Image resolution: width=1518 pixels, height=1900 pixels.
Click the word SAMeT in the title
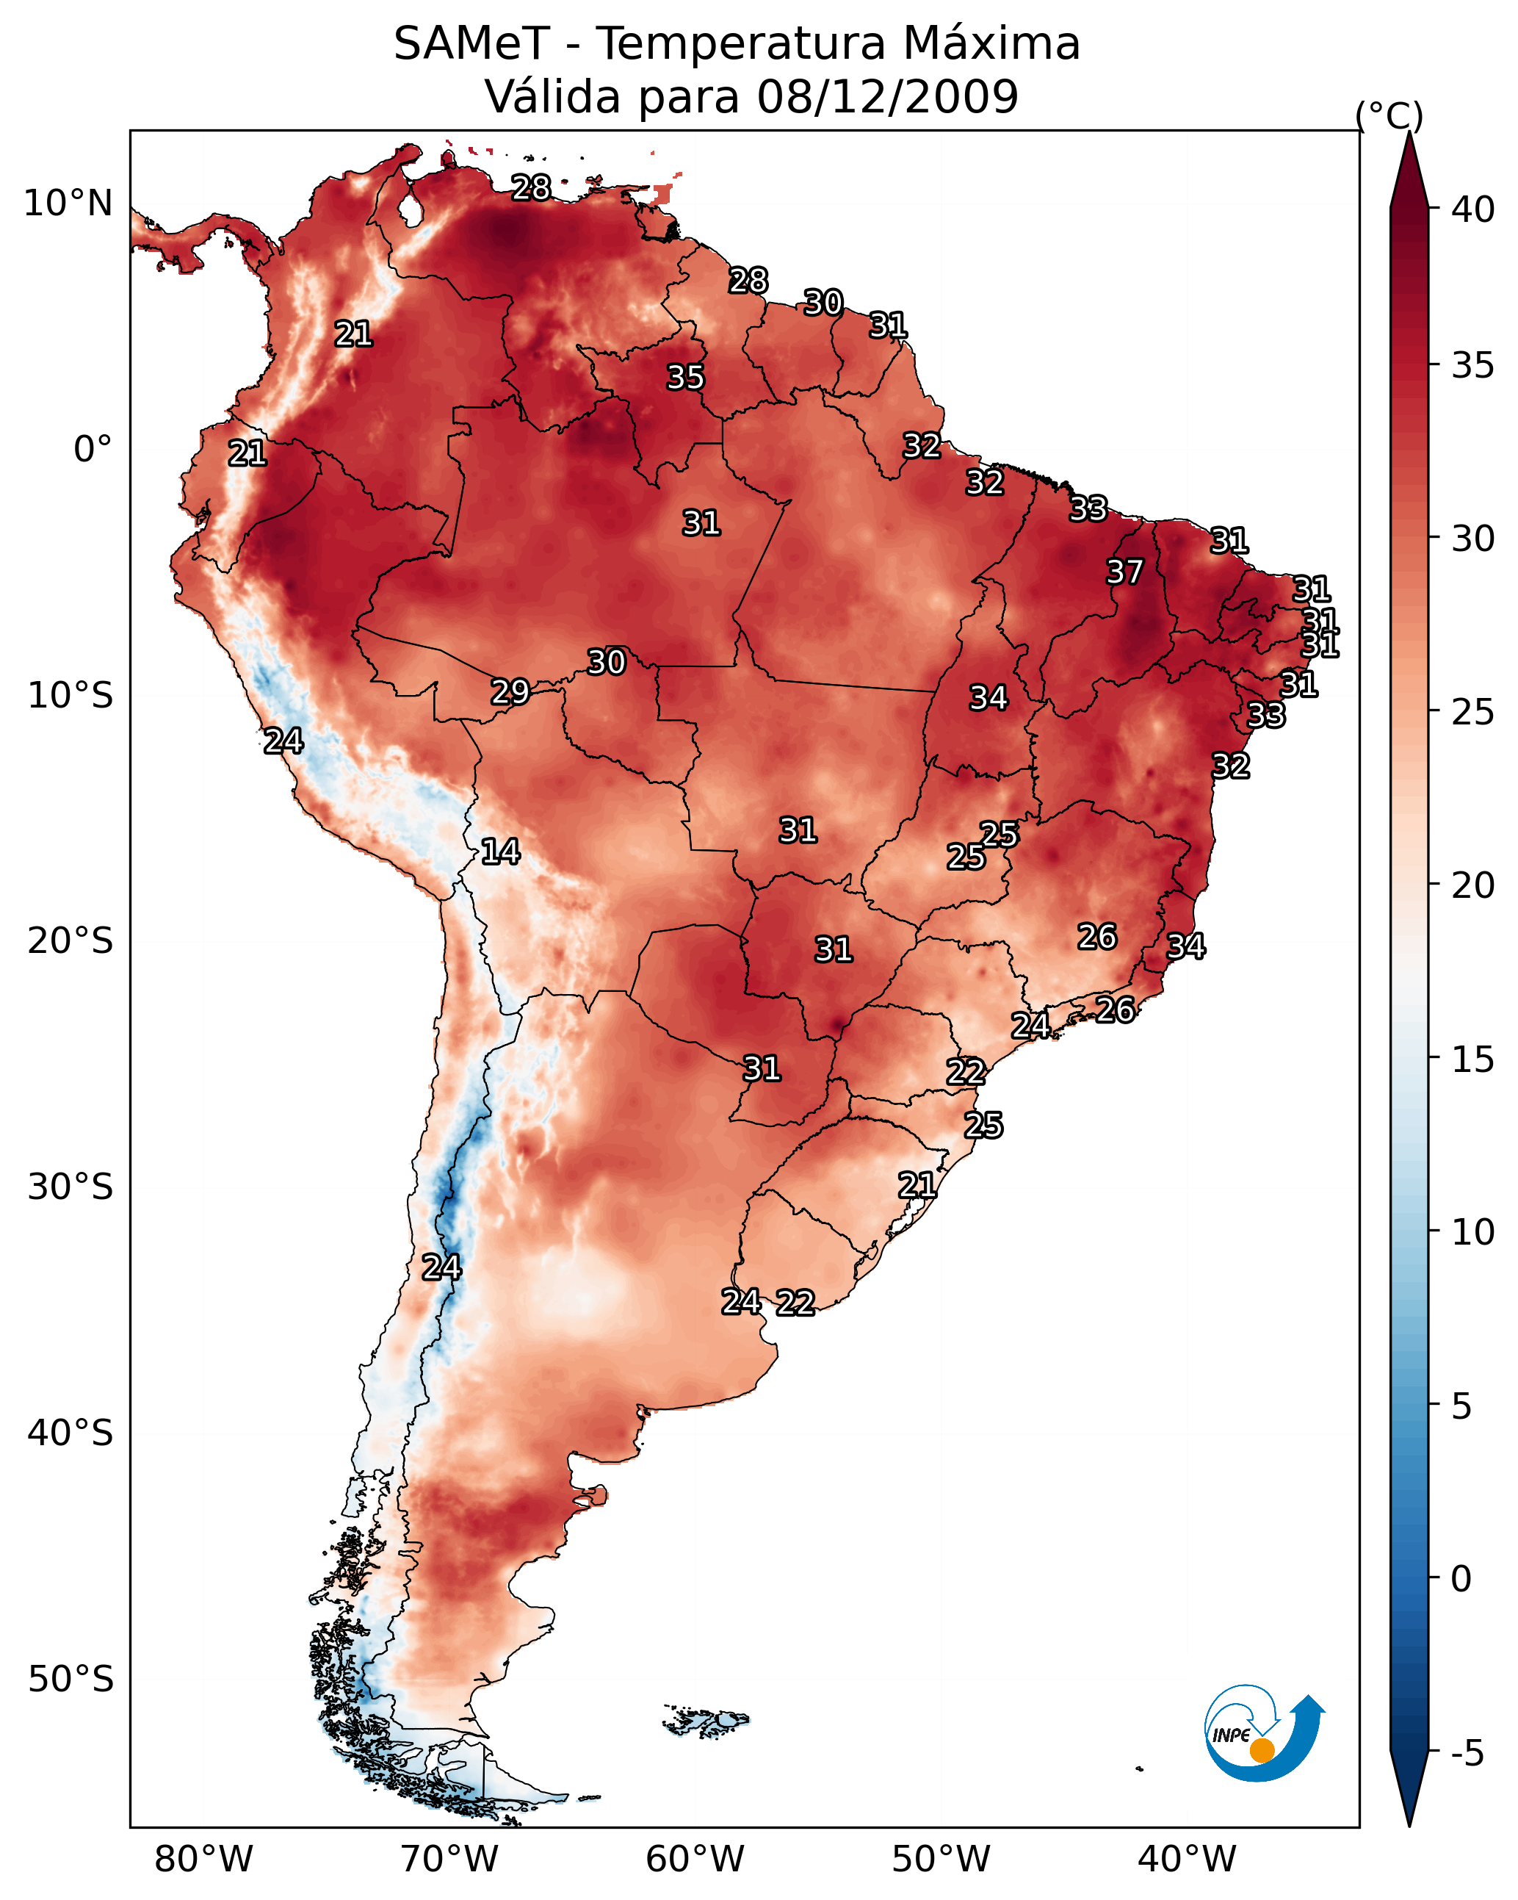[471, 44]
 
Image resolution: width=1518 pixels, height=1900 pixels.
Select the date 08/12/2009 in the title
[887, 97]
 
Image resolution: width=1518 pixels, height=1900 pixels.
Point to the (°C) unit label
[1389, 115]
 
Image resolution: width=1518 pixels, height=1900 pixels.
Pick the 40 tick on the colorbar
[1473, 209]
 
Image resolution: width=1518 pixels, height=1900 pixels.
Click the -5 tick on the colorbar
[1467, 1753]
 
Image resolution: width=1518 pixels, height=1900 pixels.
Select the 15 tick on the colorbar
[1473, 1059]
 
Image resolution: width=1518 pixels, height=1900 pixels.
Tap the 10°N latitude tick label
[68, 204]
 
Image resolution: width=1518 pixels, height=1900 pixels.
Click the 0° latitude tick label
[93, 450]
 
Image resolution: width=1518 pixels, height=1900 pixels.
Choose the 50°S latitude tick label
[71, 1679]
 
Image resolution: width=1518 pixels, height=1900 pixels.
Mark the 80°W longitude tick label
[203, 1860]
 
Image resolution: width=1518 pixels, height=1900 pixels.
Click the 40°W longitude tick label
[1187, 1860]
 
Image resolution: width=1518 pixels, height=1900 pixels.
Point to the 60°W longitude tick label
[695, 1860]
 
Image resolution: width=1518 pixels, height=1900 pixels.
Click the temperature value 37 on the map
[1124, 572]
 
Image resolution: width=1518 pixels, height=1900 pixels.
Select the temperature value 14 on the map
[499, 852]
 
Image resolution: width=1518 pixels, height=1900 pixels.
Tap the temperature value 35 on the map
[685, 377]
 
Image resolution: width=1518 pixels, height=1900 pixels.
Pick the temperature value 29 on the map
[510, 692]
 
